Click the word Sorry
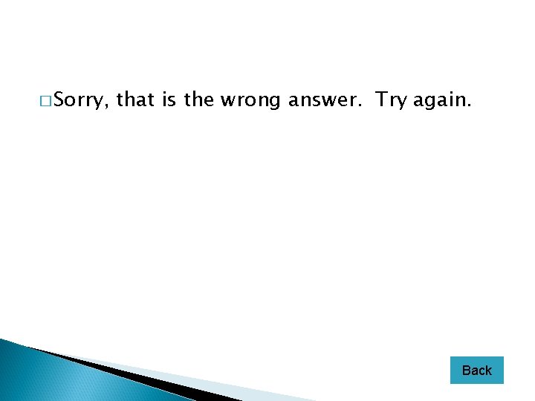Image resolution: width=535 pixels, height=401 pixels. point(82,100)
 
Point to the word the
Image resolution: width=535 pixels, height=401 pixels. point(198,99)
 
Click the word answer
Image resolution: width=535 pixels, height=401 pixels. point(324,100)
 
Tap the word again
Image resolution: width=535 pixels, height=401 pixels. point(439,100)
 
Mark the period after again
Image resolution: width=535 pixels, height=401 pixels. point(470,105)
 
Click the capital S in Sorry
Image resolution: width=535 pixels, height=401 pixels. point(59,99)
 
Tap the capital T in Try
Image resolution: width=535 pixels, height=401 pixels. point(380,99)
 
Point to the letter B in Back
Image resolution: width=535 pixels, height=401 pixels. point(466,370)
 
